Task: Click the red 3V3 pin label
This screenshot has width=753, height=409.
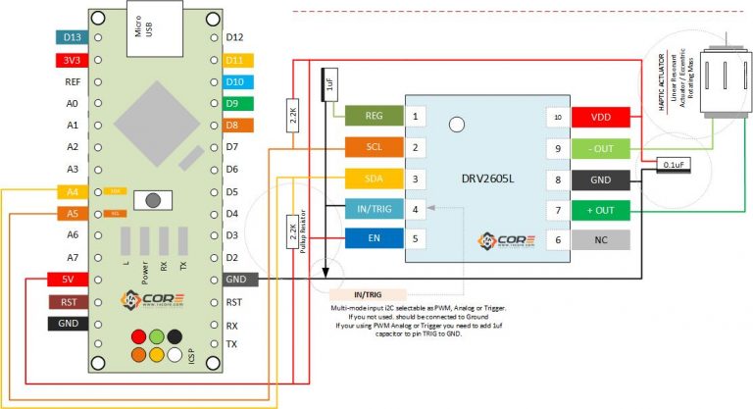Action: point(73,60)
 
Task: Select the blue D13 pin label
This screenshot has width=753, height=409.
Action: point(73,38)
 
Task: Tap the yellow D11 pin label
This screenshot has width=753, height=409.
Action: point(239,60)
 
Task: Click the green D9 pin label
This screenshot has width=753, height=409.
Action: point(239,103)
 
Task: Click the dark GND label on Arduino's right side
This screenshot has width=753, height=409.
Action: point(240,280)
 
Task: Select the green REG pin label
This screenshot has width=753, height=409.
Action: point(374,116)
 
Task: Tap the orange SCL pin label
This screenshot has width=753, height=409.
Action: point(374,147)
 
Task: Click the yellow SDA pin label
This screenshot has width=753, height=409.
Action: point(374,179)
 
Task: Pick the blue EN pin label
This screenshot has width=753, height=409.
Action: point(374,238)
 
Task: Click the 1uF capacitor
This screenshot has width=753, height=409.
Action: point(330,84)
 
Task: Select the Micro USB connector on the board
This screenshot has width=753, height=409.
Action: point(143,32)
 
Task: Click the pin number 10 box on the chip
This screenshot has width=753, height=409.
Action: point(558,117)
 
